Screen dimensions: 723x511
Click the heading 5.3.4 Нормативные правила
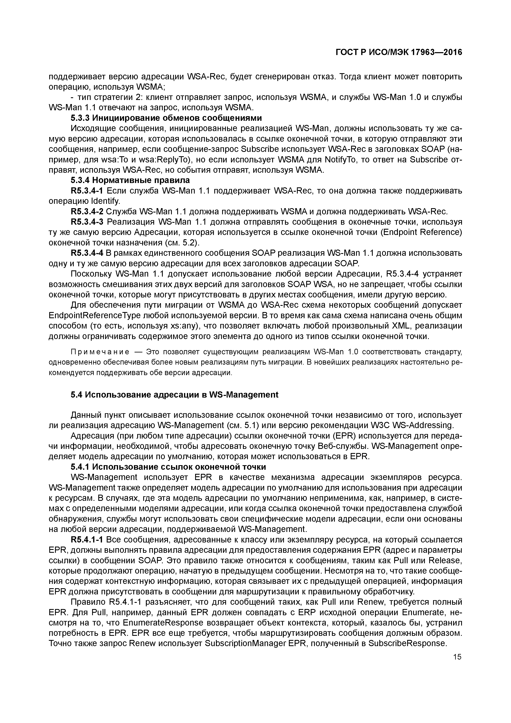(130, 180)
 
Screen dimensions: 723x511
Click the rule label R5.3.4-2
(88, 211)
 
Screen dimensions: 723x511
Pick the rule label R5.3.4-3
(88, 222)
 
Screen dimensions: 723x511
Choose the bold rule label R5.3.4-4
(88, 253)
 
